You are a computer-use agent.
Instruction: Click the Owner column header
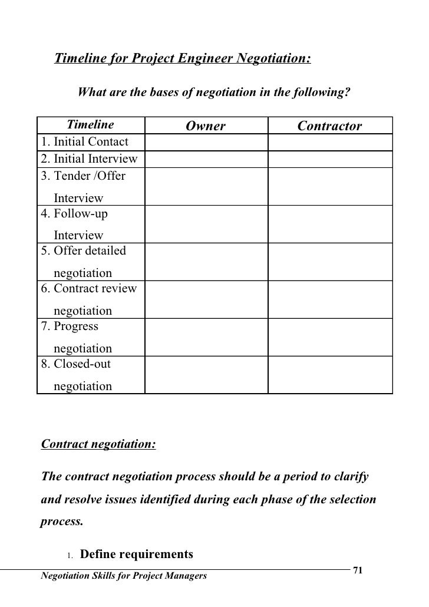(x=206, y=126)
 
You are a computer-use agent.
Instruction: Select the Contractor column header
(x=329, y=126)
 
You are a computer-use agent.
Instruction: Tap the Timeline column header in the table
(x=90, y=125)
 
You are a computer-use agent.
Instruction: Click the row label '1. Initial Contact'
(x=84, y=142)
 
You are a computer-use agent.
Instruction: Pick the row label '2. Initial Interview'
(x=89, y=159)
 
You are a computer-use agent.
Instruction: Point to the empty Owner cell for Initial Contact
(x=206, y=143)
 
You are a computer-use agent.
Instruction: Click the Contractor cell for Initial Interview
(x=329, y=159)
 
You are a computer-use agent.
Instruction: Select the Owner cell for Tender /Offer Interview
(x=206, y=186)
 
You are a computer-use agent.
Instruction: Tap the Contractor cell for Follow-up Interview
(x=329, y=224)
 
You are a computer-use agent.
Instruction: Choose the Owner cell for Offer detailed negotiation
(x=206, y=262)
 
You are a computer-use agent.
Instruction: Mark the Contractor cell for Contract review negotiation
(x=329, y=299)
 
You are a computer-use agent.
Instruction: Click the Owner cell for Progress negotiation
(x=206, y=337)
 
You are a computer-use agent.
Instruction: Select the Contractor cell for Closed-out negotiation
(x=329, y=375)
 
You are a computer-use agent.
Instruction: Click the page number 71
(x=357, y=570)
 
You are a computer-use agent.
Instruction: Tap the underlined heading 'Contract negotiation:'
(x=98, y=443)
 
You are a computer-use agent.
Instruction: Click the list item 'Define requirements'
(x=136, y=555)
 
